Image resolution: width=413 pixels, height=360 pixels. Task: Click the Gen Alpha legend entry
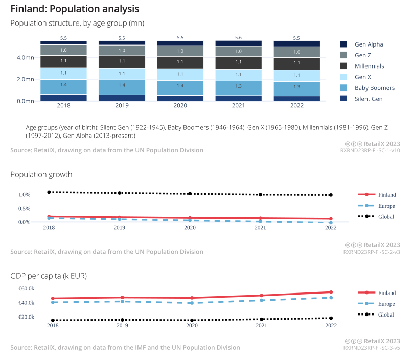pos(368,44)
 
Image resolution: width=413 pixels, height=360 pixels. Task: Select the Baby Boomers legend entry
pos(374,88)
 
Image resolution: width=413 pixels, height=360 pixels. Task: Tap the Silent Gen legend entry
pos(368,99)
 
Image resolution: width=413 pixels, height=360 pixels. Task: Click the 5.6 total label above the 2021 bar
pos(239,38)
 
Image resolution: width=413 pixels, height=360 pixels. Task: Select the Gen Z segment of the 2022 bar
pos(297,52)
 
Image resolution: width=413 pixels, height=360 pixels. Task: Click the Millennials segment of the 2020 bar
pos(180,62)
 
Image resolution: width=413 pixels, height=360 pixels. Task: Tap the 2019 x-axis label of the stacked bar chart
pos(122,105)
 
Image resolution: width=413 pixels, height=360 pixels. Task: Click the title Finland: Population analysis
pos(75,9)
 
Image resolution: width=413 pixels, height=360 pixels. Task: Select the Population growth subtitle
pos(41,175)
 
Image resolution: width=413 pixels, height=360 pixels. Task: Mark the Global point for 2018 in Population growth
pos(49,192)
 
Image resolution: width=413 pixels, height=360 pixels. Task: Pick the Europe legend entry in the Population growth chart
pos(386,206)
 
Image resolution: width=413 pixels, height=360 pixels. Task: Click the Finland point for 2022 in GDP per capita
pos(331,292)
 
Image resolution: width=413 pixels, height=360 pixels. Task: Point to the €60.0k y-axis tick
pos(27,289)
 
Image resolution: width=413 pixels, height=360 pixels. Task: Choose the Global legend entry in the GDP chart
pos(386,314)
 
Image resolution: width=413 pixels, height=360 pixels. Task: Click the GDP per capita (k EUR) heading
pos(49,276)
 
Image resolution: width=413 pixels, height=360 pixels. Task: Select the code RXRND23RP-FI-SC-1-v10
pos(370,151)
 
